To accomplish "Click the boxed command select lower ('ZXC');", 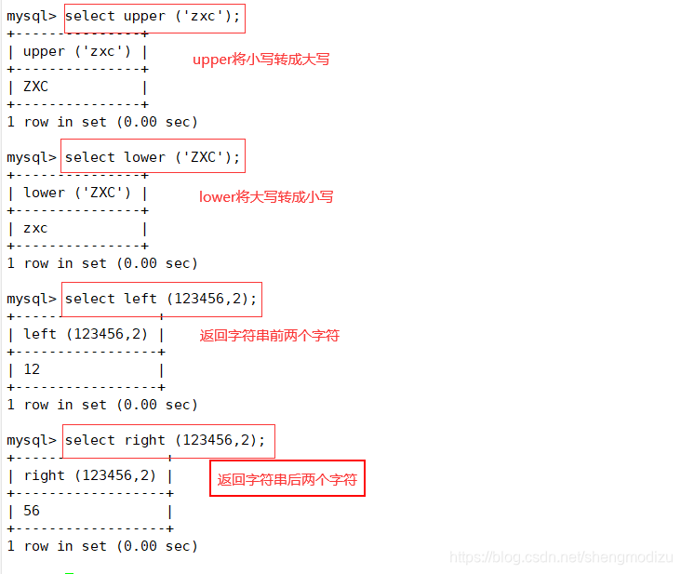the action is (154, 157).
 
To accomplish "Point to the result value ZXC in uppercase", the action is (36, 87).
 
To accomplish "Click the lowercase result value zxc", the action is (36, 228).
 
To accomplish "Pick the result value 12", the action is (32, 369).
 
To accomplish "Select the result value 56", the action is (32, 511).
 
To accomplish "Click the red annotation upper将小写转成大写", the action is (260, 59).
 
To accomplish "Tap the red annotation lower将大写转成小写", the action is (266, 196).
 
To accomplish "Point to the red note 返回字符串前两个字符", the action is (270, 335).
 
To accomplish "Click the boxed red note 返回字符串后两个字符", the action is (287, 479).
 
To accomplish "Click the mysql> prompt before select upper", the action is (32, 16).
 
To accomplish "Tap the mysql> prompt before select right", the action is (32, 440).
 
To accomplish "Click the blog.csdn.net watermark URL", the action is (560, 557).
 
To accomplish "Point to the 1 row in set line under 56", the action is (102, 546).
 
